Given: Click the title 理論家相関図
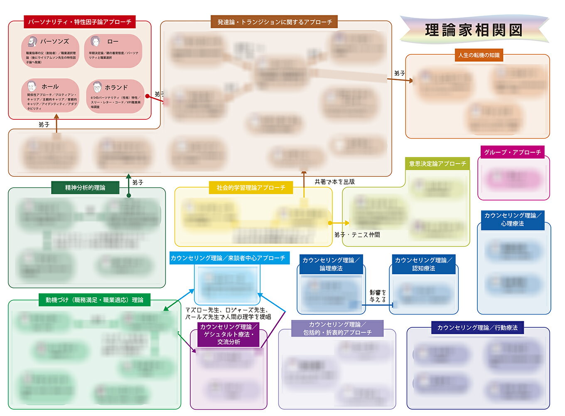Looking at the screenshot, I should [474, 30].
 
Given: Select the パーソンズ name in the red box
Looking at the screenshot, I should [54, 42].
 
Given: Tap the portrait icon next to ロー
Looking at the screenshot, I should [96, 41].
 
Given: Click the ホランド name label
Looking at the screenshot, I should [116, 87].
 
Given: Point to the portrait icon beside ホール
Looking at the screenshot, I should [32, 86].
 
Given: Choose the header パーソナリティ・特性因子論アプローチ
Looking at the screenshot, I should [80, 22].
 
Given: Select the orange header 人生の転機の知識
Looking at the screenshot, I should [479, 55].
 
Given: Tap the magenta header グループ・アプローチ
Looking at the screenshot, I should [512, 152].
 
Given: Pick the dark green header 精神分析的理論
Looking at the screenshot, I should [85, 188].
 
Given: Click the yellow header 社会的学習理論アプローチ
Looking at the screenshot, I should [251, 188].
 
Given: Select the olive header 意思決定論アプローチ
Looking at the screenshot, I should [437, 163].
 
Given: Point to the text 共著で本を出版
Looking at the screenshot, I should [334, 182].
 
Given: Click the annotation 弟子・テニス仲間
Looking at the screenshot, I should [357, 235].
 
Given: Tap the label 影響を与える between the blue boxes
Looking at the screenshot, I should [378, 296].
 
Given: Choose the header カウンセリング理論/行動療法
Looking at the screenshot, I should [477, 328].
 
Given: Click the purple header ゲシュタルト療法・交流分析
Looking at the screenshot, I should [229, 334].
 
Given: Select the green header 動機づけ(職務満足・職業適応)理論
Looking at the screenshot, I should [94, 300].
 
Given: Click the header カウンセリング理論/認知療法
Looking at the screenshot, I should [423, 264].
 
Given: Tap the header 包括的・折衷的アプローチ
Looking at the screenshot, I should [337, 328].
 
